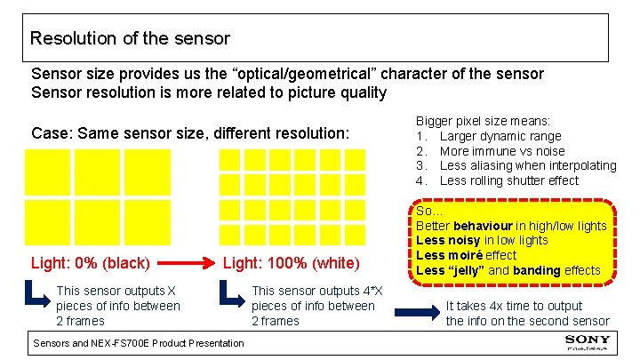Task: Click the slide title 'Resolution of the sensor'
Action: [130, 39]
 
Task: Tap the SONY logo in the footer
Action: [588, 341]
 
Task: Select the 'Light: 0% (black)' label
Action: [90, 263]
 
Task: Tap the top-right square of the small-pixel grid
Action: [356, 159]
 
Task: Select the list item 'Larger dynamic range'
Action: [500, 136]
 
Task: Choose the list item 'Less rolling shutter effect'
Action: [508, 180]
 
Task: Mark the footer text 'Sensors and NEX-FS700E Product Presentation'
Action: [138, 343]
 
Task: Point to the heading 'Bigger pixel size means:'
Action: [484, 121]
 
